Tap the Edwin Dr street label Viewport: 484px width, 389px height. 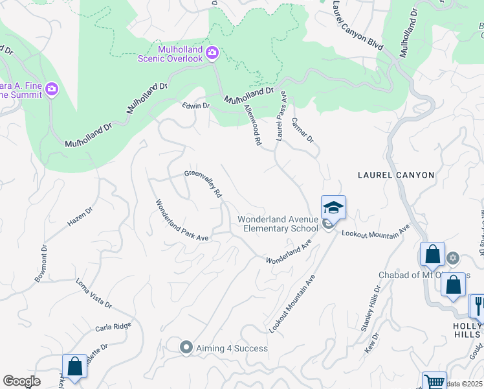(x=196, y=106)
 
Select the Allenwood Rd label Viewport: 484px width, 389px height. (x=252, y=124)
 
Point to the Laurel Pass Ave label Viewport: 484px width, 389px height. (x=281, y=116)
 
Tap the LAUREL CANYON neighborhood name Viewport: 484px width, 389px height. (x=397, y=175)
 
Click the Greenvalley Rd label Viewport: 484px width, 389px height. (x=203, y=183)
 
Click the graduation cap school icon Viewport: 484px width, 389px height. (x=333, y=207)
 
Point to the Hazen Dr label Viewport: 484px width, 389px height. (x=80, y=217)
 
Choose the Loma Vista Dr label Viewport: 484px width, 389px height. (x=94, y=294)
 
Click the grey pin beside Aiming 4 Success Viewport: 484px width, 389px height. (x=186, y=348)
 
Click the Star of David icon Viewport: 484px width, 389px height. (x=453, y=259)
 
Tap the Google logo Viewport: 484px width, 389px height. (x=21, y=382)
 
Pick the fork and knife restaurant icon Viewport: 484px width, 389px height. (x=478, y=304)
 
